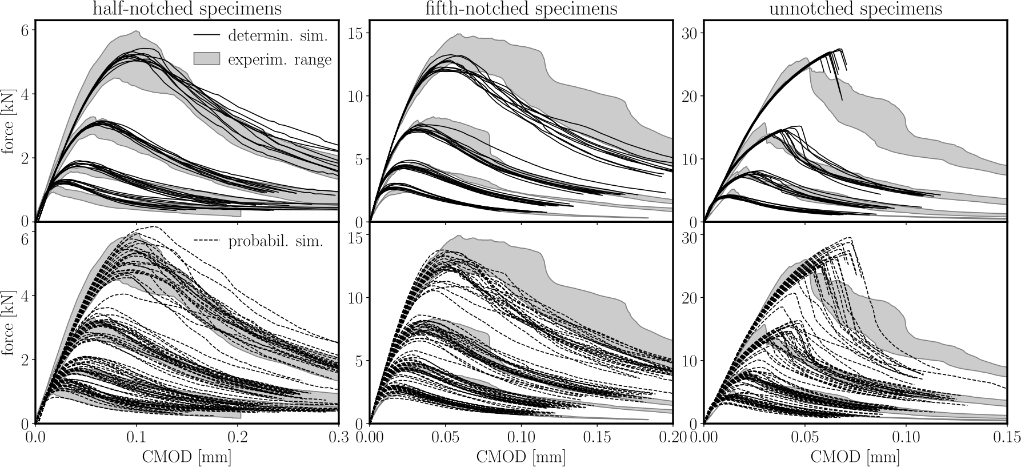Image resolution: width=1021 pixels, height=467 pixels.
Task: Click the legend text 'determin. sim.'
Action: tap(278, 35)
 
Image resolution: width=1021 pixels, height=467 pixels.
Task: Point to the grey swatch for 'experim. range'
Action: tap(207, 59)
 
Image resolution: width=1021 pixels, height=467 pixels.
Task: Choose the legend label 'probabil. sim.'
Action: tap(276, 241)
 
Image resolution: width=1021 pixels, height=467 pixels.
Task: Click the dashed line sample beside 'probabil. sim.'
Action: tap(207, 241)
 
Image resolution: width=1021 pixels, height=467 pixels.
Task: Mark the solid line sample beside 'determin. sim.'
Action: tap(207, 35)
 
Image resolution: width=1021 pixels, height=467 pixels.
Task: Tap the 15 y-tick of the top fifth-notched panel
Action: tap(355, 33)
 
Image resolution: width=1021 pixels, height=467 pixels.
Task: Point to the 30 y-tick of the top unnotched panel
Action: tap(690, 33)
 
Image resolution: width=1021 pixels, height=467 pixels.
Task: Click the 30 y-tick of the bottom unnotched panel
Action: tap(690, 234)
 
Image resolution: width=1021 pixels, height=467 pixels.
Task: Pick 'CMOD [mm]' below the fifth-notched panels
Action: tap(520, 457)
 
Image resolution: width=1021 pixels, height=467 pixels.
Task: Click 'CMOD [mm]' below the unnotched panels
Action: tap(855, 457)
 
